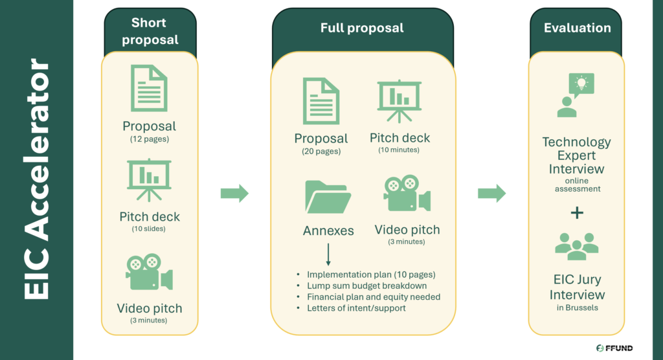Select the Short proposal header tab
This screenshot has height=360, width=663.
click(x=150, y=31)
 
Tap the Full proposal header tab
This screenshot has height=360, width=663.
click(x=361, y=28)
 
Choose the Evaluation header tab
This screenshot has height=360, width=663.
click(x=577, y=28)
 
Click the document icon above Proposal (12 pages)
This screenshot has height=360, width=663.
click(x=149, y=87)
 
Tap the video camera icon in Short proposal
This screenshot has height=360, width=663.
click(x=149, y=272)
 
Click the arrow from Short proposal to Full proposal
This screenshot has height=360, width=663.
click(x=234, y=193)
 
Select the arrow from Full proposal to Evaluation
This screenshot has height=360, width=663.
click(x=491, y=193)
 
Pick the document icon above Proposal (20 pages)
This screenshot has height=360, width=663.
click(x=320, y=102)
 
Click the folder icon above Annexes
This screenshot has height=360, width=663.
click(x=328, y=197)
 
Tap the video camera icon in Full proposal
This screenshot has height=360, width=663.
click(x=407, y=194)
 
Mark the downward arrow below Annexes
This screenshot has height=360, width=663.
click(x=328, y=254)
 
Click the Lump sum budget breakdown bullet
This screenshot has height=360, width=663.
click(x=366, y=286)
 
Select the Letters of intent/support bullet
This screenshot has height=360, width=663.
click(x=356, y=308)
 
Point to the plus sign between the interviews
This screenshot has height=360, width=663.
click(x=577, y=213)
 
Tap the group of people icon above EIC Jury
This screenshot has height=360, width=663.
click(x=577, y=246)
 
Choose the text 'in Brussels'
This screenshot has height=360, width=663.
click(x=577, y=308)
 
